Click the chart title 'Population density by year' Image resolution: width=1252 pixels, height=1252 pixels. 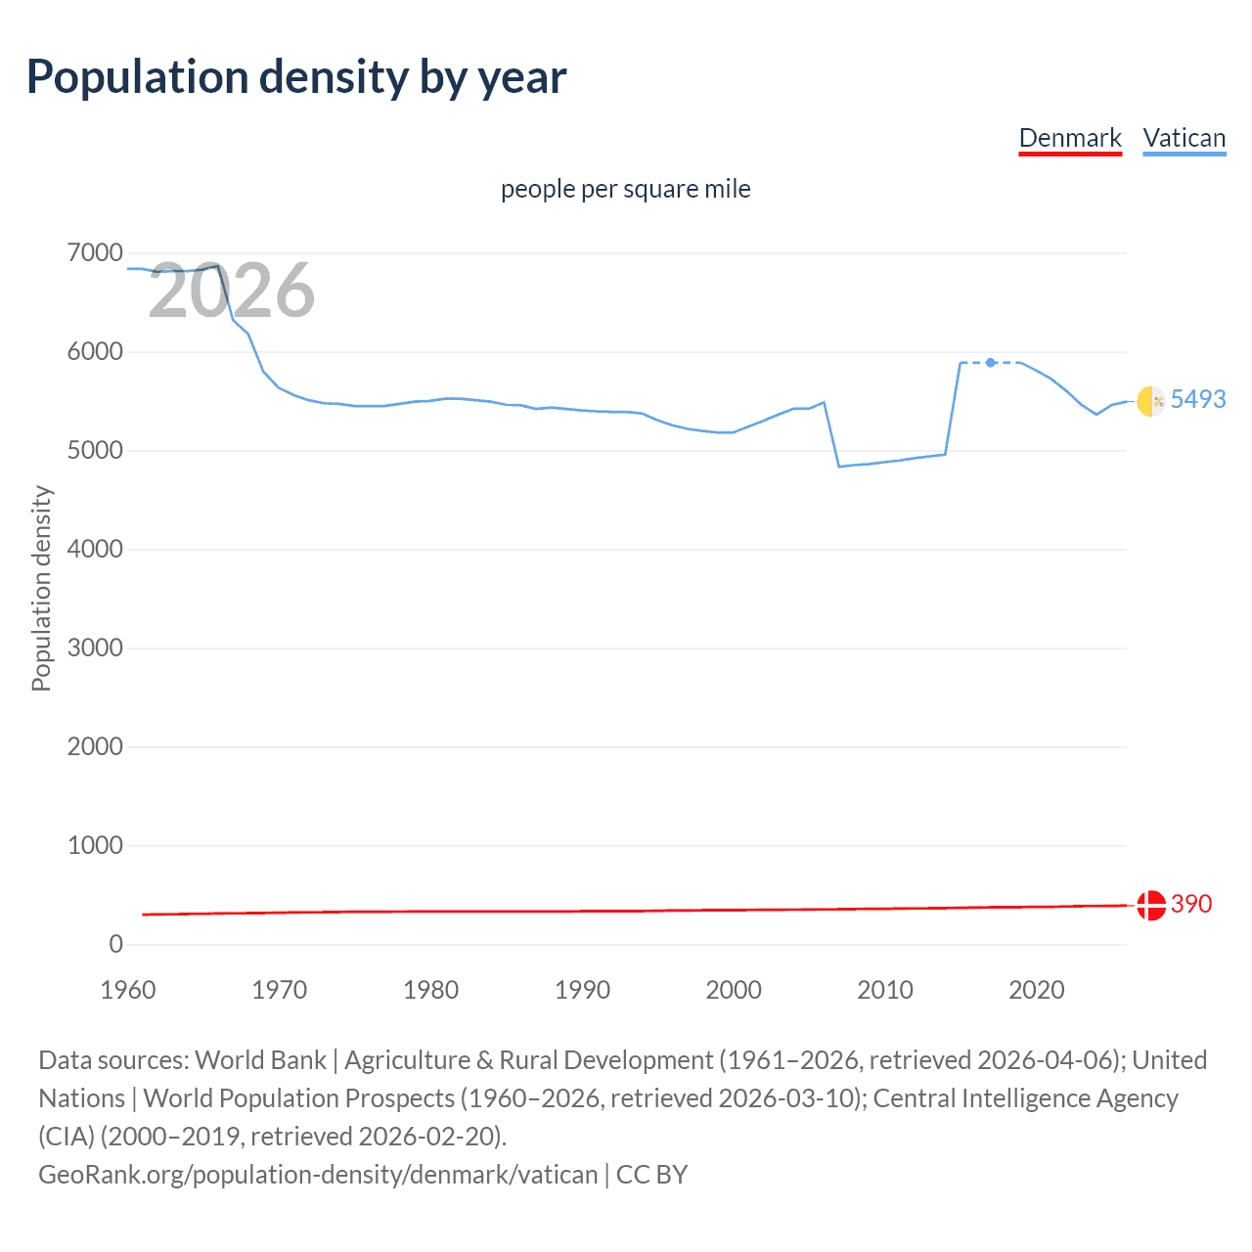[x=296, y=77]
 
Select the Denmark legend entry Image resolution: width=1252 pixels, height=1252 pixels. [x=1070, y=138]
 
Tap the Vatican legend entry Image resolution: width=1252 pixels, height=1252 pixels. [x=1184, y=138]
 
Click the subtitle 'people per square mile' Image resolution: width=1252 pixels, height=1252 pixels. [x=625, y=189]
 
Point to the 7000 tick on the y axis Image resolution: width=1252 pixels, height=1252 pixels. [x=95, y=253]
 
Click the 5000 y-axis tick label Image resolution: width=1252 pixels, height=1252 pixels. [x=95, y=451]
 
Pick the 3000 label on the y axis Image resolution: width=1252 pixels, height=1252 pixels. [x=95, y=648]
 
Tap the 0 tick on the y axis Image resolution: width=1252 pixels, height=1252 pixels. [x=115, y=944]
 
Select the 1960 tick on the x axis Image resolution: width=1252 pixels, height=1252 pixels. [x=128, y=990]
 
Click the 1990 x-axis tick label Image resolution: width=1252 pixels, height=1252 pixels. [x=582, y=990]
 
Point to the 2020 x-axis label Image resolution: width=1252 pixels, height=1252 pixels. [x=1036, y=990]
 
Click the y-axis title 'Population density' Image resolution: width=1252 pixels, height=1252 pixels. [x=41, y=589]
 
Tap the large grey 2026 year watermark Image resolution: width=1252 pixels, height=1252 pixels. [x=231, y=291]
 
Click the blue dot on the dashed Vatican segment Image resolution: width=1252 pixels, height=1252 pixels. [x=991, y=363]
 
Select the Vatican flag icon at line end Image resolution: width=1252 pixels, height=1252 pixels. [x=1150, y=401]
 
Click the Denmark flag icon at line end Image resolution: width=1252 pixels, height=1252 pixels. [x=1150, y=905]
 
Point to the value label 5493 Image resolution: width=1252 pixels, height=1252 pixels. [x=1197, y=399]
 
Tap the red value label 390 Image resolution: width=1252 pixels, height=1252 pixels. [x=1190, y=904]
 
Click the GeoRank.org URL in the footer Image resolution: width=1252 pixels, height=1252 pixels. [x=318, y=1174]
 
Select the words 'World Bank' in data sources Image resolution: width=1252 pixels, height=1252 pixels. [x=260, y=1060]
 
